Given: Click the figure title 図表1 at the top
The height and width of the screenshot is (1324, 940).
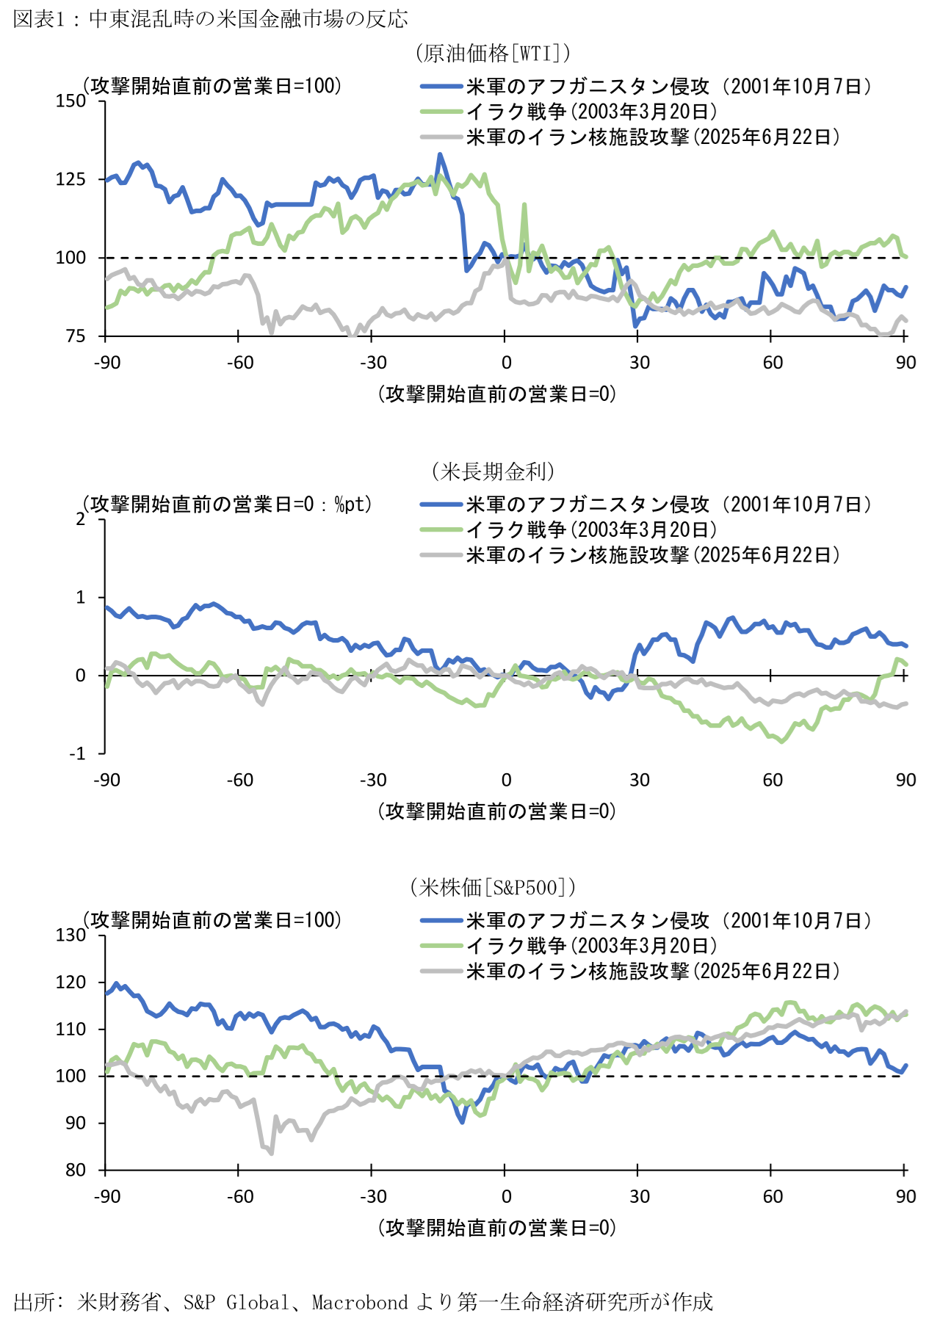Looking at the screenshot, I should click(210, 19).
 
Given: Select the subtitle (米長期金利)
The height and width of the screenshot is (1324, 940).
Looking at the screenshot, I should click(493, 471).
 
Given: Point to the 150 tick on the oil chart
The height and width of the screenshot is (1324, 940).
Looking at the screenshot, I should click(71, 101).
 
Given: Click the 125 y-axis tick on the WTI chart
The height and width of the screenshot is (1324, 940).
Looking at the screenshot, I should click(71, 179).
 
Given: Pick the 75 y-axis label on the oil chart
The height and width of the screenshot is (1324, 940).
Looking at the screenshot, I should click(76, 336).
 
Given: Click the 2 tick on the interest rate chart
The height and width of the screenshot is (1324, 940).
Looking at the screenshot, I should click(81, 519).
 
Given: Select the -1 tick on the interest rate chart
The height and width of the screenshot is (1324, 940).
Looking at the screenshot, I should click(77, 754).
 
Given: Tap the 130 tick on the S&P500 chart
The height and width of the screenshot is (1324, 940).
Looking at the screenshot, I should click(71, 935).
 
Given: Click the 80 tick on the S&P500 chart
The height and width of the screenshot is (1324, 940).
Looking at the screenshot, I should click(76, 1170).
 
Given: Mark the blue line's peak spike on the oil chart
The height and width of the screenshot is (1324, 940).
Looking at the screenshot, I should click(440, 154).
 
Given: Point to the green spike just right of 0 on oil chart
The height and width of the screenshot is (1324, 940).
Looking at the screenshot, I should click(524, 205).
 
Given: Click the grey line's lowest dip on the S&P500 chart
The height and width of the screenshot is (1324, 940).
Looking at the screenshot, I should click(272, 1153).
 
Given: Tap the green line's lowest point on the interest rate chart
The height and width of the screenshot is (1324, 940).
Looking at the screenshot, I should click(781, 742).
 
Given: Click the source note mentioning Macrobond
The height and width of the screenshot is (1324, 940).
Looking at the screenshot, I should click(363, 1302).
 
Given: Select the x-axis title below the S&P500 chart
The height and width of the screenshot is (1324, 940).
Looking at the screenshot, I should click(497, 1228).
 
